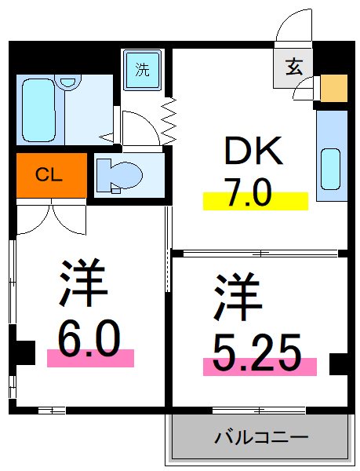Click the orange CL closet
[50, 174]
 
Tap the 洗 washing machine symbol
[142, 69]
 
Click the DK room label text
[254, 152]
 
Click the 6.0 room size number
[89, 340]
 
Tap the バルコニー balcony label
[261, 437]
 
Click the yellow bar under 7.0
[256, 201]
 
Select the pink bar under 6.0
[90, 358]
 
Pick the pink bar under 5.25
[260, 366]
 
